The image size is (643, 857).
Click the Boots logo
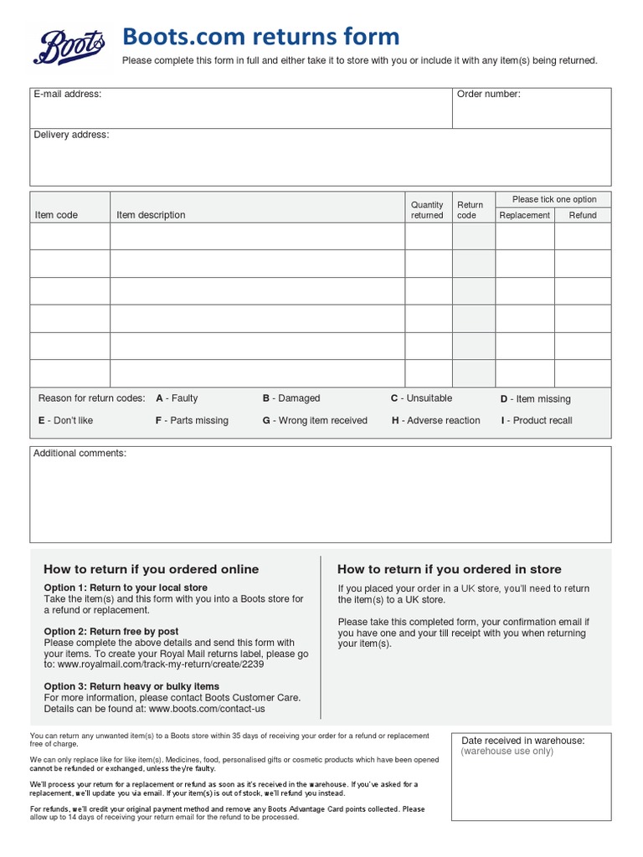tap(70, 47)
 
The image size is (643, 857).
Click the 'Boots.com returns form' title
tap(260, 37)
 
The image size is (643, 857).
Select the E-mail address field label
tap(67, 94)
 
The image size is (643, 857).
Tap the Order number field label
tap(488, 94)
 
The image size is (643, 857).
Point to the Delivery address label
tap(71, 135)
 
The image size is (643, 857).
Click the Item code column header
tap(56, 215)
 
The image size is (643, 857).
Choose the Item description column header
tap(151, 215)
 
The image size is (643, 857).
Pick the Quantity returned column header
tap(427, 210)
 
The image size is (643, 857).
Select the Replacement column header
tap(525, 215)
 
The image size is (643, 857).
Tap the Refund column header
tap(583, 215)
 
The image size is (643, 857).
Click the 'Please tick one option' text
tap(554, 199)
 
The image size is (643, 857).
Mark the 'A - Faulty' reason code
tap(177, 398)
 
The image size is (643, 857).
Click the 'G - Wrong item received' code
tap(315, 420)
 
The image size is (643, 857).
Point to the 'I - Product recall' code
tap(537, 420)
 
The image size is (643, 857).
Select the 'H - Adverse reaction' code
tap(436, 420)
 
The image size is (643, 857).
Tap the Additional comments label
tap(80, 453)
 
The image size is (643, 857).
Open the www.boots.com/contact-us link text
tap(207, 708)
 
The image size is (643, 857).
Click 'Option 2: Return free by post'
tap(111, 631)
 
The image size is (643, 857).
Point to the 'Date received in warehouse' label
tap(523, 741)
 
